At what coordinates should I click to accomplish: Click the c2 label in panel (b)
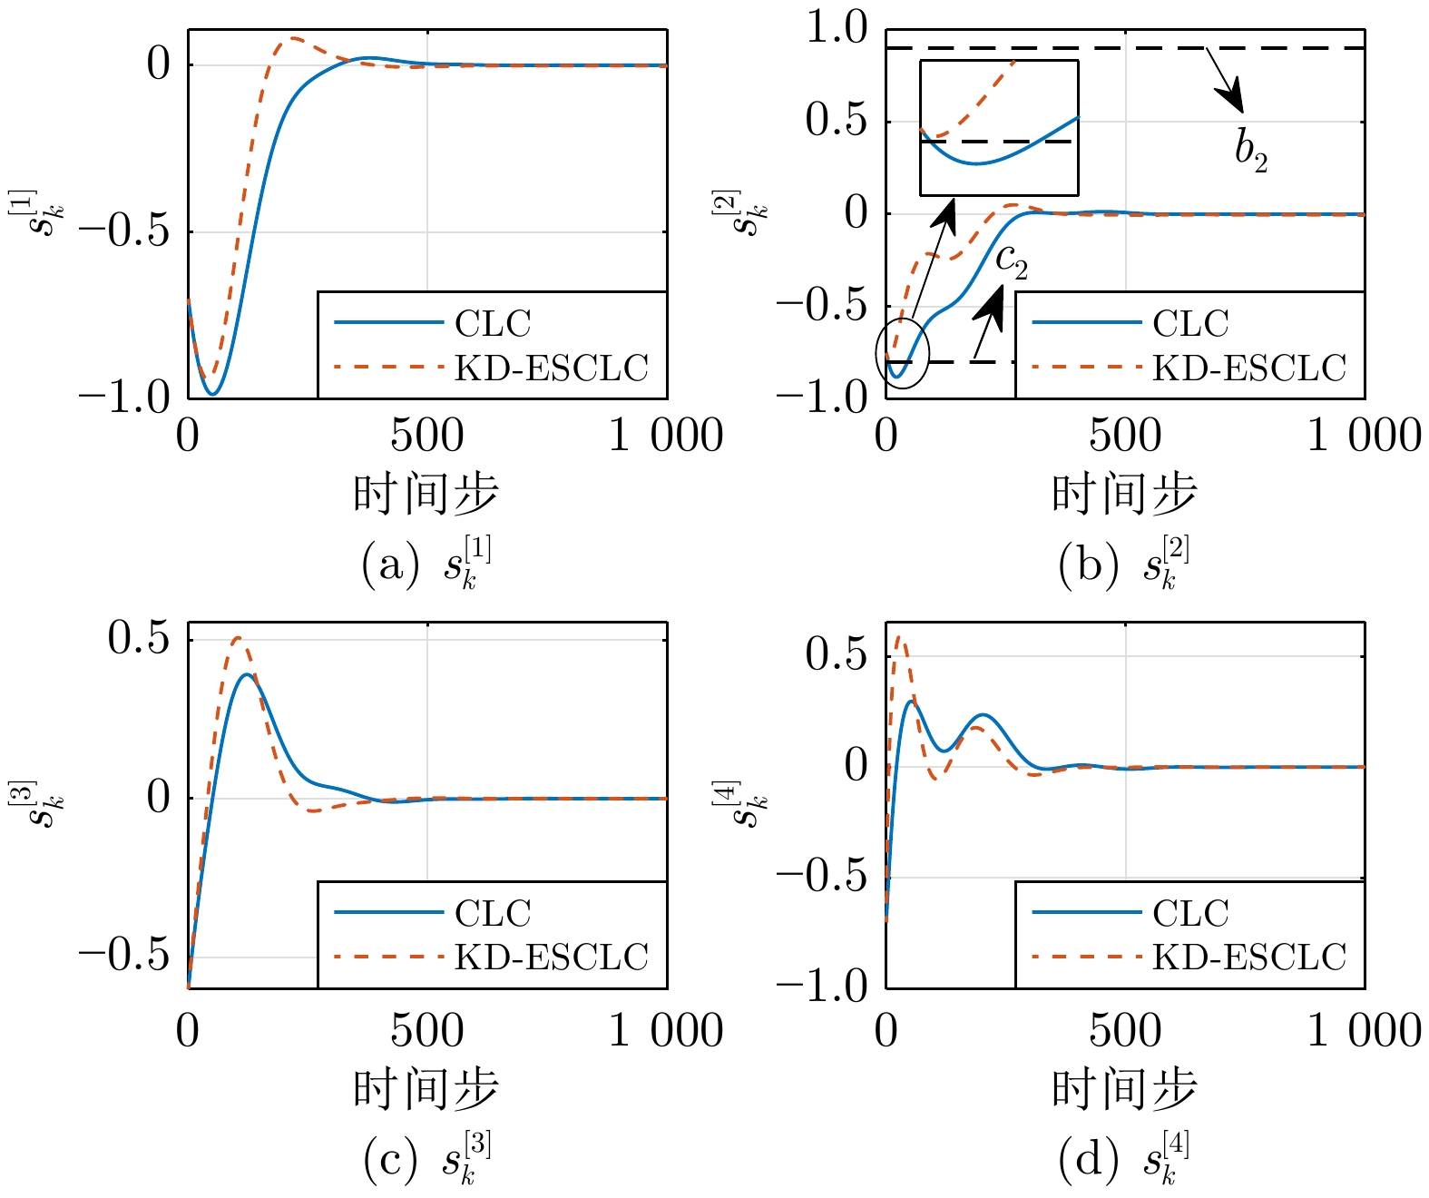(x=1012, y=261)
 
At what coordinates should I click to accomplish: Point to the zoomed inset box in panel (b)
(x=999, y=61)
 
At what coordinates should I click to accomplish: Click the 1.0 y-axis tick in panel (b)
(x=837, y=29)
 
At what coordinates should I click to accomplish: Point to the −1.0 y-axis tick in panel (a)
(x=124, y=397)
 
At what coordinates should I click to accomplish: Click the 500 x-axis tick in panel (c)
(x=427, y=1029)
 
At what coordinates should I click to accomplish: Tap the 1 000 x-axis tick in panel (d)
(x=1364, y=1029)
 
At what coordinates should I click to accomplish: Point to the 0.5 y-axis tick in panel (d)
(x=837, y=655)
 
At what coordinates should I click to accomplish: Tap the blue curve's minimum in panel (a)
(x=213, y=394)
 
